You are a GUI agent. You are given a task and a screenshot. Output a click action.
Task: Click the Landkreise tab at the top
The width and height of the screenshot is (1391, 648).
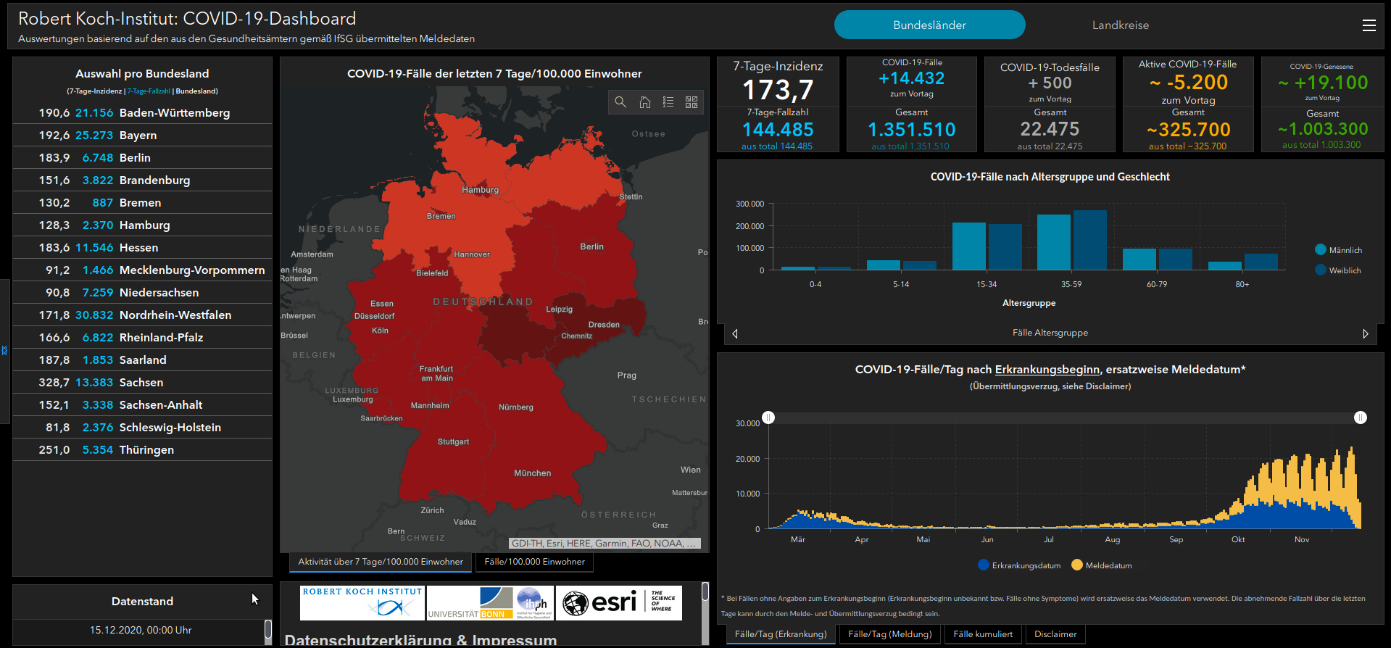[x=1120, y=25]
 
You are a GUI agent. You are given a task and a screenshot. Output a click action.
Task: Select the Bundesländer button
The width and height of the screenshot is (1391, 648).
[x=929, y=25]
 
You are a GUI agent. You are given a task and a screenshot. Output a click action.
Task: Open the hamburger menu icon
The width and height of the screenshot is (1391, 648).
[x=1369, y=25]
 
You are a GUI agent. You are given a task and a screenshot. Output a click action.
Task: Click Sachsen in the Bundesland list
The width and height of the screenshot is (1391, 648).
[x=141, y=383]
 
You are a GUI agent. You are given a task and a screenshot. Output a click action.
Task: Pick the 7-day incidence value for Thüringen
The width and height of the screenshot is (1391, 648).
[x=54, y=450]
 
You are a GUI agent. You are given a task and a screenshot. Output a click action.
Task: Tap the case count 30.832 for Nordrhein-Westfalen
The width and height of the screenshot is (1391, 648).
[x=94, y=315]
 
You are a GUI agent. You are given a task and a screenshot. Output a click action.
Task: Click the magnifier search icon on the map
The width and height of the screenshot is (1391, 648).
[x=620, y=102]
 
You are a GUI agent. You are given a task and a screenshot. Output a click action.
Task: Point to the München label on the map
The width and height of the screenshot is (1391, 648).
[x=532, y=473]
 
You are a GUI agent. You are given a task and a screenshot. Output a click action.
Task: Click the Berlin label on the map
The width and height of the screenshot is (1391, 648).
[x=591, y=247]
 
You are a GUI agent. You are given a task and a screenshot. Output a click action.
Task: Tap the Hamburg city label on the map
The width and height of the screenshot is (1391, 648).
[x=480, y=190]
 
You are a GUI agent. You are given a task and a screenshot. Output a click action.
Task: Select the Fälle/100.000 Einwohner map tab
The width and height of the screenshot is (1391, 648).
[x=534, y=562]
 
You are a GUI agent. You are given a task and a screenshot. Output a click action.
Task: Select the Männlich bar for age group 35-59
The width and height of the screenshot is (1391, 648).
[x=1053, y=242]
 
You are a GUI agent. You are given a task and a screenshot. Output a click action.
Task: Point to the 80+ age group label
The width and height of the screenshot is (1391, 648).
[x=1242, y=284]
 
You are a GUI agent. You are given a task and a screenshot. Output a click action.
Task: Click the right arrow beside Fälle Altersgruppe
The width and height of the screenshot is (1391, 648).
[x=1366, y=333]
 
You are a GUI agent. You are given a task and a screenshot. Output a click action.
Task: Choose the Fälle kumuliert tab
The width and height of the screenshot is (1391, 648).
[x=983, y=634]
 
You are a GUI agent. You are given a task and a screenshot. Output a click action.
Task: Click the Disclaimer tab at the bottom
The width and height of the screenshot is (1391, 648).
[x=1055, y=634]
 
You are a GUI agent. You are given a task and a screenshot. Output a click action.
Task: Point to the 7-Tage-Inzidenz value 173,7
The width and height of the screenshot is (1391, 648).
[x=778, y=91]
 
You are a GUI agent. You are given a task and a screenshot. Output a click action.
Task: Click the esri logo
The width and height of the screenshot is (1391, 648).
[x=602, y=602]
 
